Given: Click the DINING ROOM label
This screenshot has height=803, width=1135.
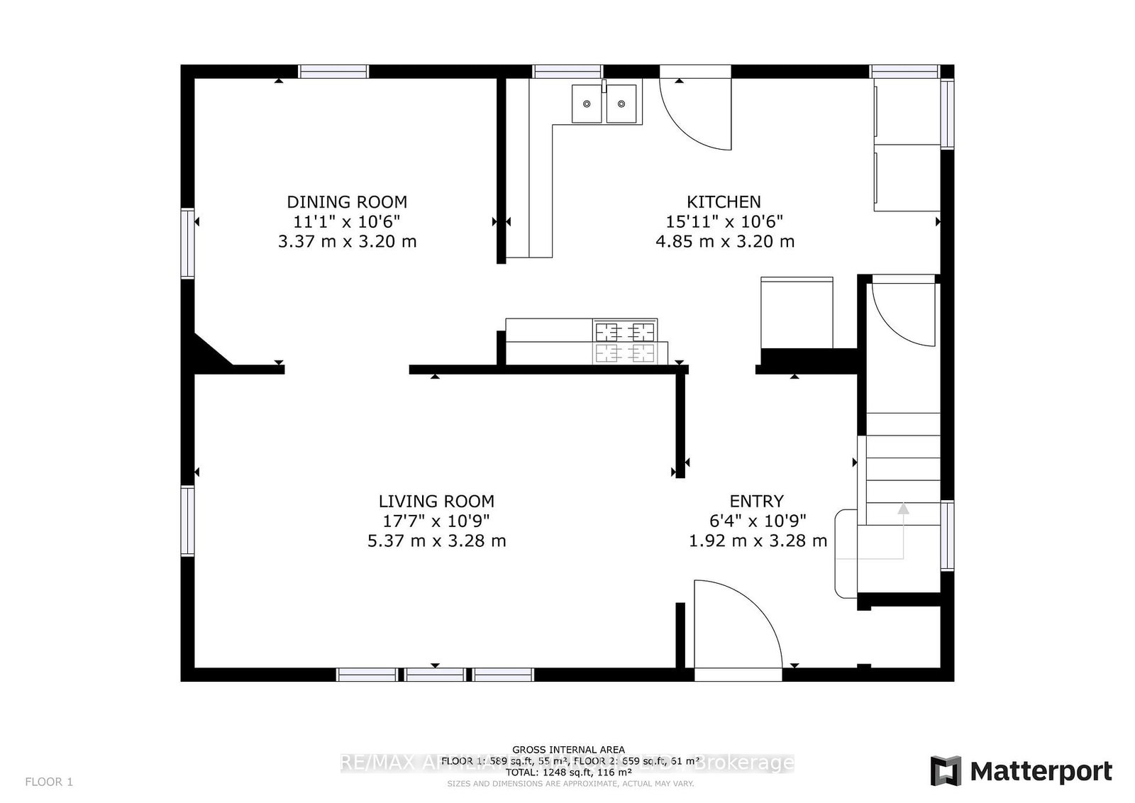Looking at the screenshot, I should click(x=347, y=201).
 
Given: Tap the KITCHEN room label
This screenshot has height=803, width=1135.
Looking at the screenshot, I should click(x=724, y=201).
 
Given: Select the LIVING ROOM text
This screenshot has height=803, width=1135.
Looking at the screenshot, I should click(x=436, y=501).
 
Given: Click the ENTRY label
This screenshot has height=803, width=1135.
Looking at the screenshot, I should click(x=756, y=501).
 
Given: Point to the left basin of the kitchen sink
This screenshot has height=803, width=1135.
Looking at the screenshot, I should click(x=587, y=104).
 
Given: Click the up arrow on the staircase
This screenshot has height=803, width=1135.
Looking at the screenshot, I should click(x=902, y=509).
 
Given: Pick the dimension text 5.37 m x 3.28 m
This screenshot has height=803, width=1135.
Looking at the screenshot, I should click(x=436, y=541).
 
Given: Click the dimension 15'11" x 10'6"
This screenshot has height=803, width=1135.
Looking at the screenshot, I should click(x=724, y=221).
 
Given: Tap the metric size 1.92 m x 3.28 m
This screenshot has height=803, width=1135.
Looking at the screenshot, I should click(x=758, y=541).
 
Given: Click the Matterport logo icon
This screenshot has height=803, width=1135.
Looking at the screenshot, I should click(x=945, y=771).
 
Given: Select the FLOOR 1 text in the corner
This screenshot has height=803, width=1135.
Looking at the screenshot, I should click(x=49, y=782).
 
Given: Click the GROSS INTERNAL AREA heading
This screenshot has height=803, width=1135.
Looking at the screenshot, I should click(x=568, y=749).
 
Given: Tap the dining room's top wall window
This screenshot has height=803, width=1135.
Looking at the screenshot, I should click(x=333, y=71).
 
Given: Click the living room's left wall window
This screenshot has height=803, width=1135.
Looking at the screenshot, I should click(x=187, y=520).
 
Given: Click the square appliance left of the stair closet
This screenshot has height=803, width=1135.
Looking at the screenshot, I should click(x=796, y=313).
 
